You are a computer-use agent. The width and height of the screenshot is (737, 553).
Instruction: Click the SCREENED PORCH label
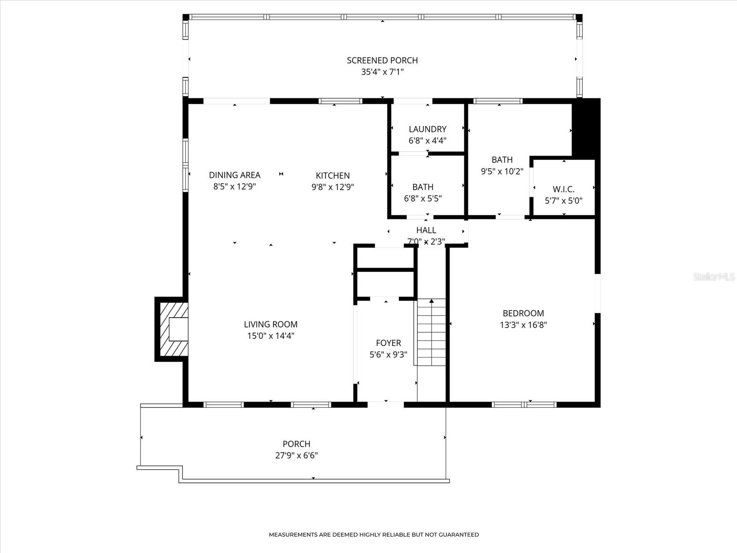pyautogui.click(x=382, y=60)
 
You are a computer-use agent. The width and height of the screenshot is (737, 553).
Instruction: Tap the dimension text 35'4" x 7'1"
pyautogui.click(x=382, y=72)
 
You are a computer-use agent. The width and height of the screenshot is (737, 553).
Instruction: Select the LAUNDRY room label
pyautogui.click(x=427, y=129)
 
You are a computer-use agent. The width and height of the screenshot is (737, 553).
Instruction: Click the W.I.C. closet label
pyautogui.click(x=563, y=189)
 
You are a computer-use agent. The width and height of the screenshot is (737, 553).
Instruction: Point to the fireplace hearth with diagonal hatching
pyautogui.click(x=172, y=329)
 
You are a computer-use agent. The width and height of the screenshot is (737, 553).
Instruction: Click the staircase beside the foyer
pyautogui.click(x=432, y=332)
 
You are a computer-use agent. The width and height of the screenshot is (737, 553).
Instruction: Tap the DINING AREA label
pyautogui.click(x=234, y=175)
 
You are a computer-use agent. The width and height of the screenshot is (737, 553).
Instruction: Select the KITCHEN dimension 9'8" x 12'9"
pyautogui.click(x=333, y=187)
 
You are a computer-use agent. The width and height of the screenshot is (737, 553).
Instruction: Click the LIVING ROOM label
pyautogui.click(x=270, y=324)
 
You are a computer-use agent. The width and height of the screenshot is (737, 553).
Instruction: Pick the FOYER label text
pyautogui.click(x=388, y=343)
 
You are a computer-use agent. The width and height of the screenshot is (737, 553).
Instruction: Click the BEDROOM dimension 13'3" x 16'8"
pyautogui.click(x=523, y=325)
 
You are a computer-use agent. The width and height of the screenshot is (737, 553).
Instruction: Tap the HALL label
pyautogui.click(x=426, y=230)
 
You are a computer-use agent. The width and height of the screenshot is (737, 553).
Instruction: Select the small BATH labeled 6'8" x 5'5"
pyautogui.click(x=422, y=187)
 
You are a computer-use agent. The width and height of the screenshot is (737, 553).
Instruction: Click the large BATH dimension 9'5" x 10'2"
pyautogui.click(x=502, y=171)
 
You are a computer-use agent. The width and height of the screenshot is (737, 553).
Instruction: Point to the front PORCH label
pyautogui.click(x=296, y=444)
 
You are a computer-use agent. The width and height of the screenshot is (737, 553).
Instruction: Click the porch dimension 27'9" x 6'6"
pyautogui.click(x=296, y=455)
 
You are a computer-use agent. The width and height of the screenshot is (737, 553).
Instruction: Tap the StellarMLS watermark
pyautogui.click(x=714, y=276)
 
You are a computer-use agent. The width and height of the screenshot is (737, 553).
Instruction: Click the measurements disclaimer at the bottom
pyautogui.click(x=374, y=535)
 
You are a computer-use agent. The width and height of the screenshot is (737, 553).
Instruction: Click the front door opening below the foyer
pyautogui.click(x=386, y=405)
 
